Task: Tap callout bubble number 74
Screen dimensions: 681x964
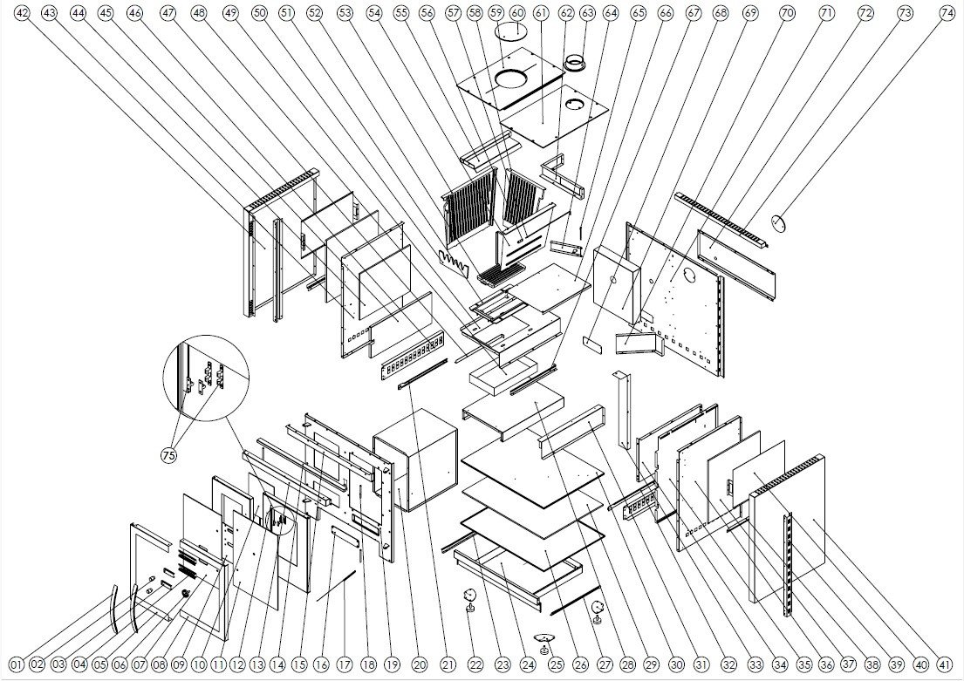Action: coord(947,14)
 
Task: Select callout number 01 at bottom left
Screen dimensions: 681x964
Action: coord(16,665)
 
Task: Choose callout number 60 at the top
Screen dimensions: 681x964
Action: coord(517,14)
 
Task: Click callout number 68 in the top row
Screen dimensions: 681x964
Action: coord(720,14)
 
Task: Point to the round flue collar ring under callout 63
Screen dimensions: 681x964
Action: coord(575,64)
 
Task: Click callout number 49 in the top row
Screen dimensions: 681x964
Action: coord(230,14)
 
